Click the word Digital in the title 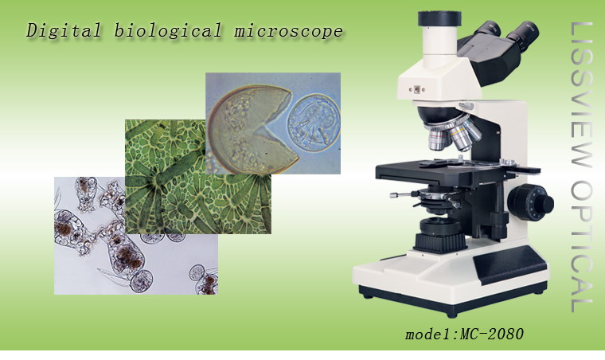pos(64,31)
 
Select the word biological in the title pos(168,31)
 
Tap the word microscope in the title pos(289,31)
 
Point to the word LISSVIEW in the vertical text pos(581,95)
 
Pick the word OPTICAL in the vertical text pos(581,246)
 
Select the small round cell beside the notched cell pos(314,123)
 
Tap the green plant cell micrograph pos(197,176)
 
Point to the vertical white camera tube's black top pos(439,18)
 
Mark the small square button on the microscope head pos(416,89)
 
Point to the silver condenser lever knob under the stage pos(393,195)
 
